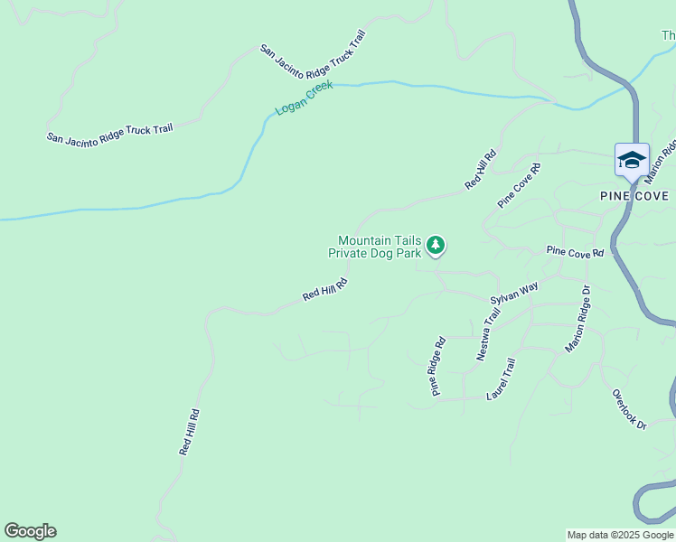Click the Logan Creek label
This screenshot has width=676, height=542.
click(x=305, y=98)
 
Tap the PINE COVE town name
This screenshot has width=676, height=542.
click(x=634, y=196)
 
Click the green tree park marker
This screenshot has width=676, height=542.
click(x=437, y=245)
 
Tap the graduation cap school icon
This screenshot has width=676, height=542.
click(x=632, y=161)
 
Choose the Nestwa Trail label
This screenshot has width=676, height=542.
click(x=488, y=334)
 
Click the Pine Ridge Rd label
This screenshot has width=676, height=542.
click(x=438, y=367)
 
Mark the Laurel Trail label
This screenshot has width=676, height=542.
click(x=500, y=379)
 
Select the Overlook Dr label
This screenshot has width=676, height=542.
click(x=629, y=409)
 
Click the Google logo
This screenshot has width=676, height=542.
click(x=30, y=531)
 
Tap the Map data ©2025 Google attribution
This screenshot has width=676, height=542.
click(x=620, y=535)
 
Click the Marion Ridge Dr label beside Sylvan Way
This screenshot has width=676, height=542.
click(x=577, y=318)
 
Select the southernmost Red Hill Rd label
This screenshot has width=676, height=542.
click(x=189, y=432)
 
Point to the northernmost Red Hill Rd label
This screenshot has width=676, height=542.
click(x=481, y=170)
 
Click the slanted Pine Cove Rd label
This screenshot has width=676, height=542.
click(x=519, y=185)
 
